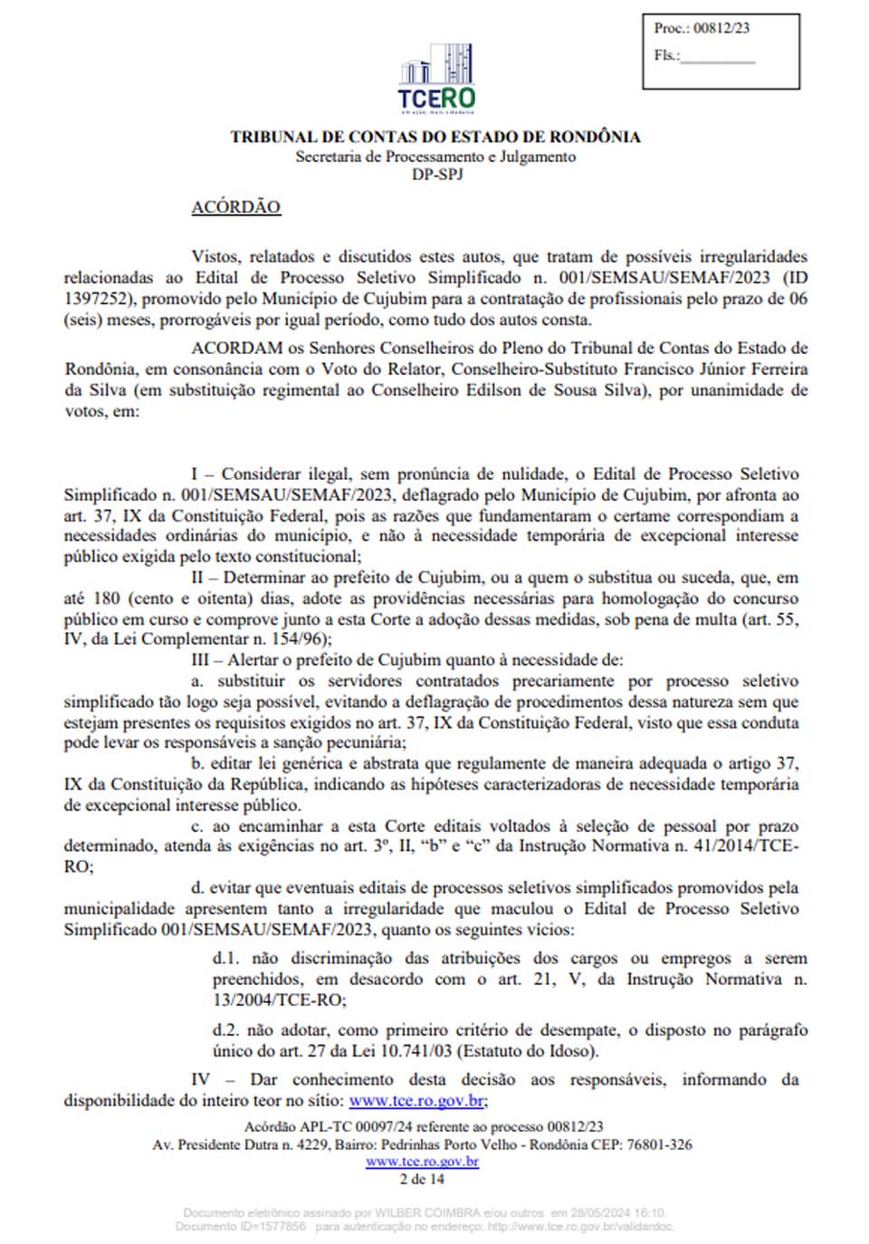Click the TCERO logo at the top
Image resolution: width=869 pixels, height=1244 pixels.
tap(436, 77)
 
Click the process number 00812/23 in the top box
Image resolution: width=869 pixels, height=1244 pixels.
tap(721, 28)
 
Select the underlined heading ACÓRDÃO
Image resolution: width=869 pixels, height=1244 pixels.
tap(235, 207)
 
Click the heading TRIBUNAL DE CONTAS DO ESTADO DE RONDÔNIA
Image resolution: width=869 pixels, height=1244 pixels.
tap(434, 137)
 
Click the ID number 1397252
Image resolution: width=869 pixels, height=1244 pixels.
tap(97, 299)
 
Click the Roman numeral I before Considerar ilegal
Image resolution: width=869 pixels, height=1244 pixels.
tap(195, 474)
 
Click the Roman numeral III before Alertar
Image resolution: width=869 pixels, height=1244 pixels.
tap(200, 660)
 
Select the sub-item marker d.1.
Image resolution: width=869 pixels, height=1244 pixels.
tap(226, 958)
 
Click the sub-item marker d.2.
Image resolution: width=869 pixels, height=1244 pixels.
tap(226, 1030)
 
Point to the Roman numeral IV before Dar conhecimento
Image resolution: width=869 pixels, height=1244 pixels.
tap(200, 1079)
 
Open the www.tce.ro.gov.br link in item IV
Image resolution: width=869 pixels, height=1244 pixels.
tap(417, 1101)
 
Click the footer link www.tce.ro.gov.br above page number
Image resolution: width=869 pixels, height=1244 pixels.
tap(422, 1162)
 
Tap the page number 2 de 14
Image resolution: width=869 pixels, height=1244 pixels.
tap(422, 1179)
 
